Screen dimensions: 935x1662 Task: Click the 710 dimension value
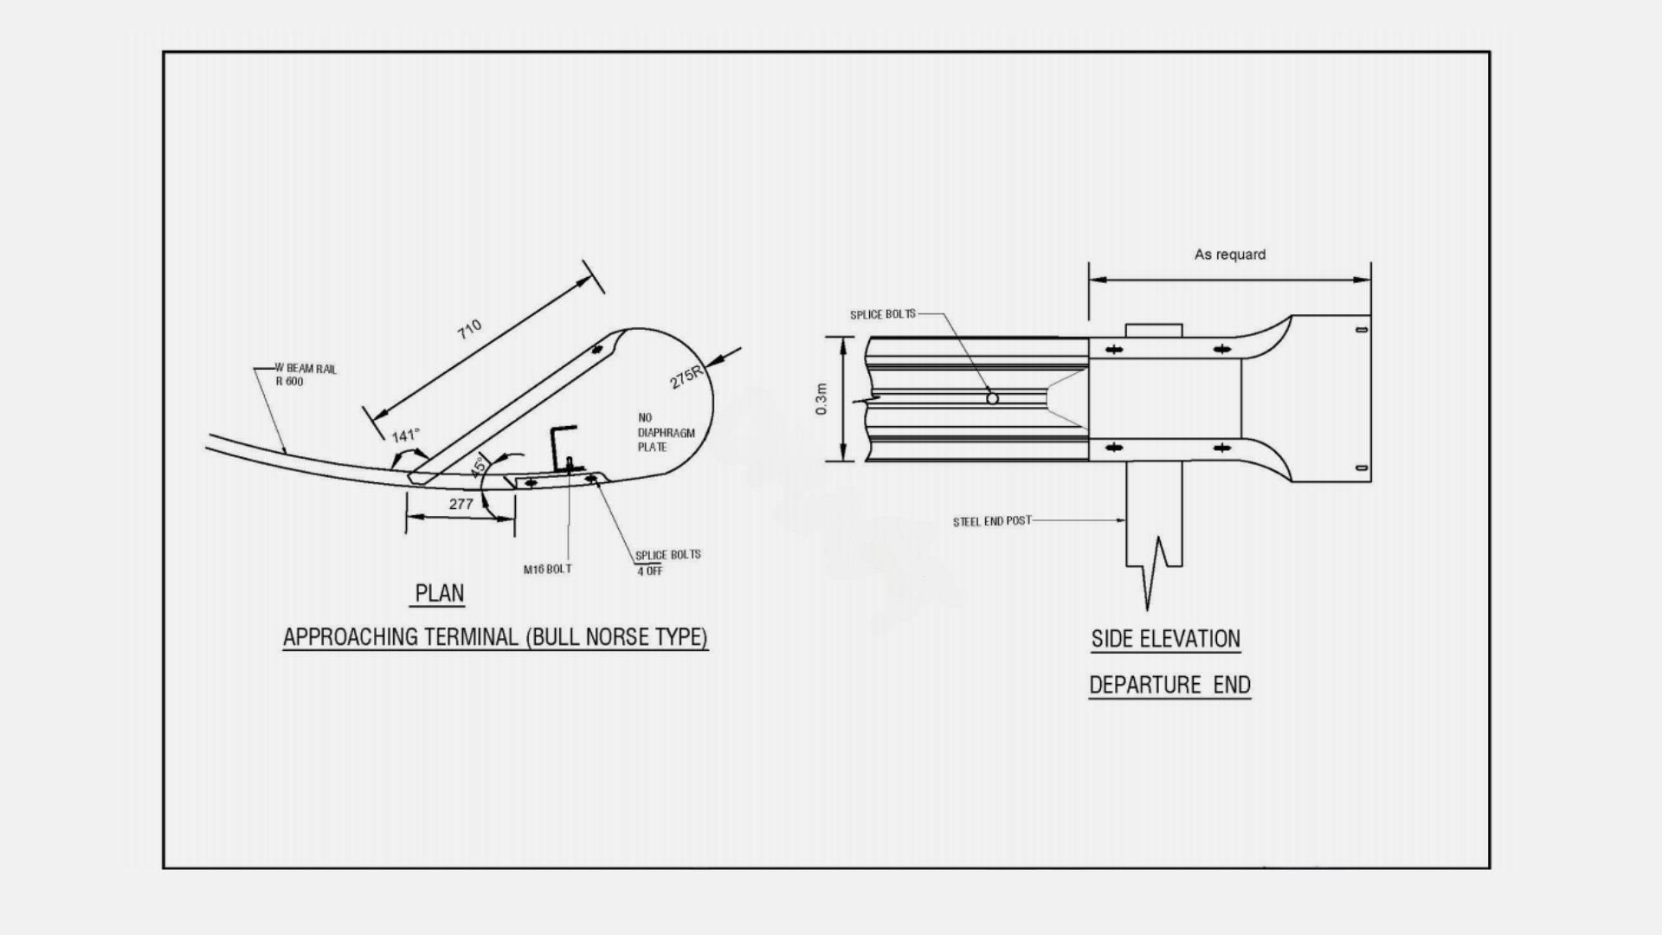point(469,329)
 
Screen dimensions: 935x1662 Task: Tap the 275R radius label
point(686,377)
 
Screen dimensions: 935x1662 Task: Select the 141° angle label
point(405,435)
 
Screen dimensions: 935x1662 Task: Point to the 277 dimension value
point(461,504)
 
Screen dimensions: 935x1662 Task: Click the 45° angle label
point(478,467)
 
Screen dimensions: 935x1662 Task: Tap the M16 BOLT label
point(547,569)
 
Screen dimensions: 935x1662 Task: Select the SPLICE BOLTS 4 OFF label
point(667,562)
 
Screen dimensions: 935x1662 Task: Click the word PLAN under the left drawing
point(440,594)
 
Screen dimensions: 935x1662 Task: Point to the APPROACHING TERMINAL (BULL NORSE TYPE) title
point(495,637)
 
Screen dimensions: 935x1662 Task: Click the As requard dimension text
point(1229,255)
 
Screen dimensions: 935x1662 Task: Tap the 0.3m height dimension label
point(822,399)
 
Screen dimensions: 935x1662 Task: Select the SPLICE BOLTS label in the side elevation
point(882,314)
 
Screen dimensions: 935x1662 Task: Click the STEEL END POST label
point(992,521)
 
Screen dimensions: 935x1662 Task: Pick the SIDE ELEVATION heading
point(1165,639)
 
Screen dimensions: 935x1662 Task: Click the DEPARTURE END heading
point(1169,685)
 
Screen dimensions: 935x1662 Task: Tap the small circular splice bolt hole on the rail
point(992,398)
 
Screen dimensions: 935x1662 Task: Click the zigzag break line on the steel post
point(1153,571)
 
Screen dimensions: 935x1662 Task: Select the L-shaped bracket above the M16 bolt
point(560,443)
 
